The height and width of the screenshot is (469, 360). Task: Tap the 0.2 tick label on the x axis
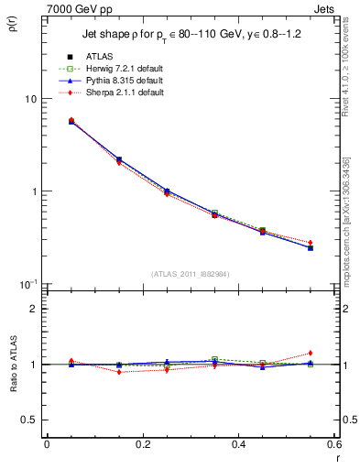tap(142, 443)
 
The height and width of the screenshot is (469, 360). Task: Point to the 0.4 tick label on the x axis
tap(238, 443)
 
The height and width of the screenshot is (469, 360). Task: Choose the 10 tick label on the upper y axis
tap(30, 99)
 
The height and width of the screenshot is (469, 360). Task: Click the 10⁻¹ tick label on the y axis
tap(29, 284)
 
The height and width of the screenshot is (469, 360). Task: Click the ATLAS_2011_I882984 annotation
tap(190, 274)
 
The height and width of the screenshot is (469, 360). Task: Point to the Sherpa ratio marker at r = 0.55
tap(311, 353)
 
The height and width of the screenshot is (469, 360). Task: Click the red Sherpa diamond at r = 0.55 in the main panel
tap(311, 243)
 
